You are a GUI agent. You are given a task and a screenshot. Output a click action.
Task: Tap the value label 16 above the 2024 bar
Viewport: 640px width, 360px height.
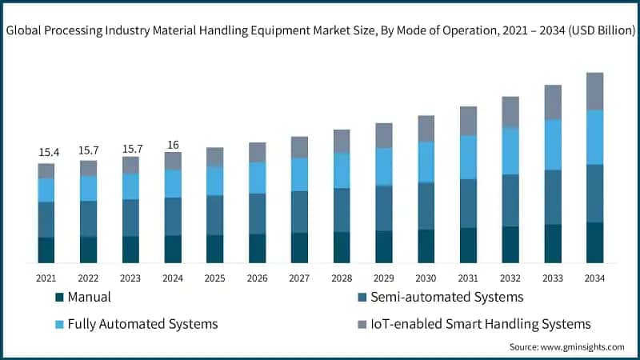[173, 145]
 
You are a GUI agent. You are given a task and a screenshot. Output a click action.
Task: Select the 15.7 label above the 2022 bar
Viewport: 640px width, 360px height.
[89, 150]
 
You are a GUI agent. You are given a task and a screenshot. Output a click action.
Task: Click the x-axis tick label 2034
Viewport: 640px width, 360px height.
[594, 278]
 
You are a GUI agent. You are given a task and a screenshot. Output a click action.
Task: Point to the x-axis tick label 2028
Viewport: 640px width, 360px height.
[342, 278]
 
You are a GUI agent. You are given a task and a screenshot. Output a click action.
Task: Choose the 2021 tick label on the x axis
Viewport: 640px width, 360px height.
[46, 278]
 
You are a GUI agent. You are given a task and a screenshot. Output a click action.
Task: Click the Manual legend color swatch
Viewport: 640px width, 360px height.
[59, 298]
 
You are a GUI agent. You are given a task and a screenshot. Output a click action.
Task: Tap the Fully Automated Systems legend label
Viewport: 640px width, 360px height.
[142, 324]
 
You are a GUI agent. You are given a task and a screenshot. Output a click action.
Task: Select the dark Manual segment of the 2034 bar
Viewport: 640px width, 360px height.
[594, 242]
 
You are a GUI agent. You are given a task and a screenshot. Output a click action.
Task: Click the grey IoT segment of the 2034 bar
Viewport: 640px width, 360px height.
[594, 91]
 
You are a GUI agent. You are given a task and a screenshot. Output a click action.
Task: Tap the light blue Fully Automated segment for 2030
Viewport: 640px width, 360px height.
[426, 162]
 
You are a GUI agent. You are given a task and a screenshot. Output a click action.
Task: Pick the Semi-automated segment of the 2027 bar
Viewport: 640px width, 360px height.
[299, 212]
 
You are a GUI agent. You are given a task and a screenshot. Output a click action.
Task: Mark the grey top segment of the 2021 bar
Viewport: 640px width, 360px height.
[46, 170]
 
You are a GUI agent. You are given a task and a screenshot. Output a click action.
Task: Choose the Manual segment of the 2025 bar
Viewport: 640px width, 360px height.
[215, 249]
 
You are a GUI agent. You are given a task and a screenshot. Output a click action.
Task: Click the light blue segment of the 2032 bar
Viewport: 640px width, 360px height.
[510, 150]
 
